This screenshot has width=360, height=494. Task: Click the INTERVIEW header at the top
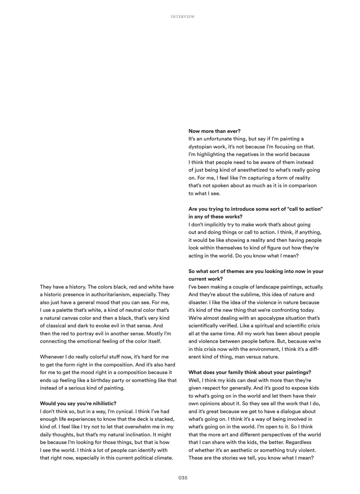point(183,17)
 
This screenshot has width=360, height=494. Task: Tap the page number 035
point(183,478)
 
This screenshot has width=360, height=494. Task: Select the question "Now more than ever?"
point(214,131)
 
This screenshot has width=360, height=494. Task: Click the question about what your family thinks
point(250,372)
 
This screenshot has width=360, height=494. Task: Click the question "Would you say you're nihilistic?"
point(78,404)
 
